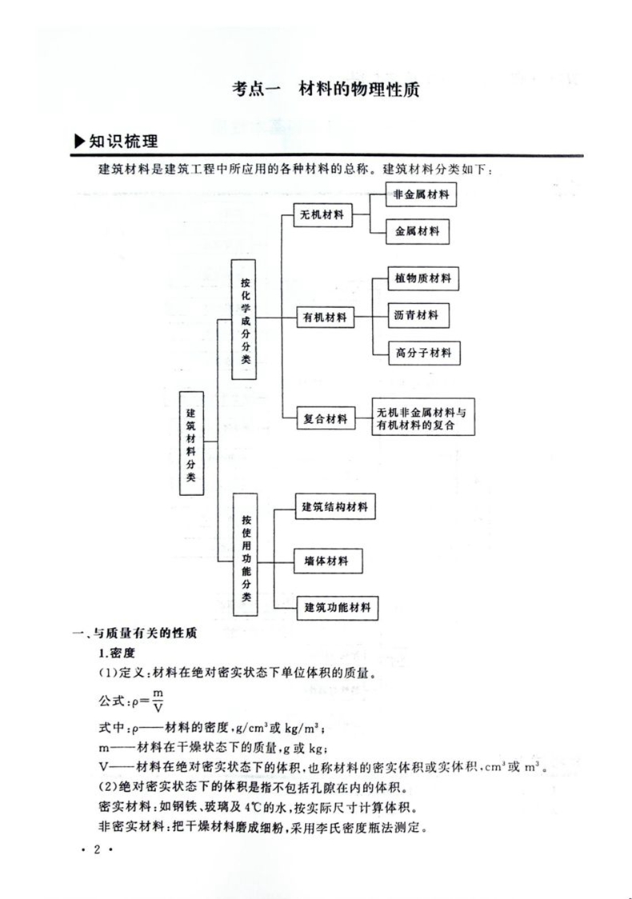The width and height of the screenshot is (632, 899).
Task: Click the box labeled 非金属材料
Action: pyautogui.click(x=420, y=194)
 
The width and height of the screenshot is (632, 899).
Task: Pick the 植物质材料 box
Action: pyautogui.click(x=422, y=279)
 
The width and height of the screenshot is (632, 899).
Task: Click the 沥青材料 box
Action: pyautogui.click(x=417, y=315)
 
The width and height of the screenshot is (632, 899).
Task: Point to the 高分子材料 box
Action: pyautogui.click(x=422, y=352)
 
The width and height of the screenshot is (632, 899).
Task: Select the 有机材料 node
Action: pyautogui.click(x=324, y=317)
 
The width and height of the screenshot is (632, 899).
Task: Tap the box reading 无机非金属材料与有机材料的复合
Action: pyautogui.click(x=423, y=418)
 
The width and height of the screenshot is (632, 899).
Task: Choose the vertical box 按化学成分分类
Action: pyautogui.click(x=246, y=318)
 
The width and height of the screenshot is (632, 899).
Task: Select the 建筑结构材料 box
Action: pyautogui.click(x=335, y=507)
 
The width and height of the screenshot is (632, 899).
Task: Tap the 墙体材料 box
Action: pyautogui.click(x=321, y=561)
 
